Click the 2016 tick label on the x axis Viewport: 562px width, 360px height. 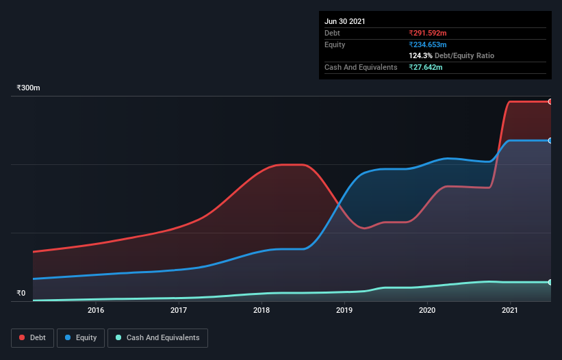coord(96,310)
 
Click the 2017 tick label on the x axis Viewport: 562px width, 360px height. coord(179,310)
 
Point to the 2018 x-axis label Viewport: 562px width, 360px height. coord(261,310)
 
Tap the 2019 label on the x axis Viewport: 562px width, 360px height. coord(344,310)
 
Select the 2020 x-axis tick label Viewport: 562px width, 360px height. coord(427,310)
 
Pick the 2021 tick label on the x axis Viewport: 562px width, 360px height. coord(510,310)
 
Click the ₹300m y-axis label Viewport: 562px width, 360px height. coord(29,88)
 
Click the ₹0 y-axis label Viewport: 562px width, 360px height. coord(21,293)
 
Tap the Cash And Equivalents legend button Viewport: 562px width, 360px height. coord(157,337)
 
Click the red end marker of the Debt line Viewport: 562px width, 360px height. coord(550,101)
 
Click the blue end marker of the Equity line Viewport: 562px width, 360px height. coord(550,140)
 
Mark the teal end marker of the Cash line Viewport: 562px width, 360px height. coord(550,282)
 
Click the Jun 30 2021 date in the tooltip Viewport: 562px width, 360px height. coord(345,21)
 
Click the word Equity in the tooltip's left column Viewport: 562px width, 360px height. coord(335,44)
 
